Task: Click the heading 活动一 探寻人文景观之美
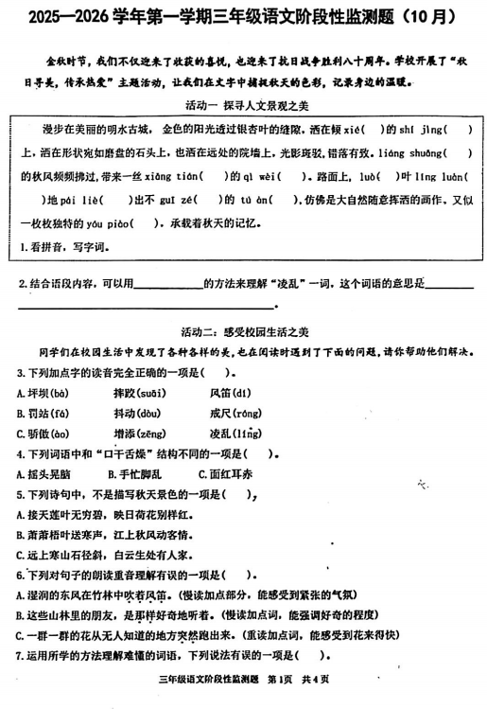click(242, 104)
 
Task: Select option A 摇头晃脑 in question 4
click(43, 473)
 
